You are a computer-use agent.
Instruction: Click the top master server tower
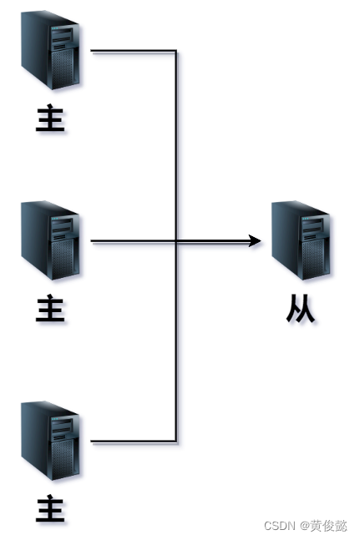(50, 50)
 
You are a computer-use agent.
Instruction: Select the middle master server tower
(50, 240)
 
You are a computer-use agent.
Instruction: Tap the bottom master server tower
(50, 441)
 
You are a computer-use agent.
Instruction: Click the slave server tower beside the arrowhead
(301, 240)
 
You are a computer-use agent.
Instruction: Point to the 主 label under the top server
(50, 118)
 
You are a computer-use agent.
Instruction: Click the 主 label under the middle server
(50, 308)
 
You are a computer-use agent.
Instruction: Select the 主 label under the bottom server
(50, 508)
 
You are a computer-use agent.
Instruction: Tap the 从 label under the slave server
(301, 308)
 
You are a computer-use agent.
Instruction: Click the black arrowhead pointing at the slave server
(255, 240)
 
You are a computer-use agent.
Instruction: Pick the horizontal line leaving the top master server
(134, 51)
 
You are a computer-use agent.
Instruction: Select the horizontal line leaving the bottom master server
(134, 441)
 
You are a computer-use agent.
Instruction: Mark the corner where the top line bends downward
(176, 51)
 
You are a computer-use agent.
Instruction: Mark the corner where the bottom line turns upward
(176, 441)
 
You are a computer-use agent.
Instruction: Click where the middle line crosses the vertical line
(176, 241)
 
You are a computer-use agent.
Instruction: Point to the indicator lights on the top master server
(55, 28)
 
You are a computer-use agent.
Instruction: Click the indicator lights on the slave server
(305, 219)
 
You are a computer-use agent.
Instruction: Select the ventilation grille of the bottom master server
(63, 459)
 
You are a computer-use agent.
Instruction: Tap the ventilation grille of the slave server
(312, 259)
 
